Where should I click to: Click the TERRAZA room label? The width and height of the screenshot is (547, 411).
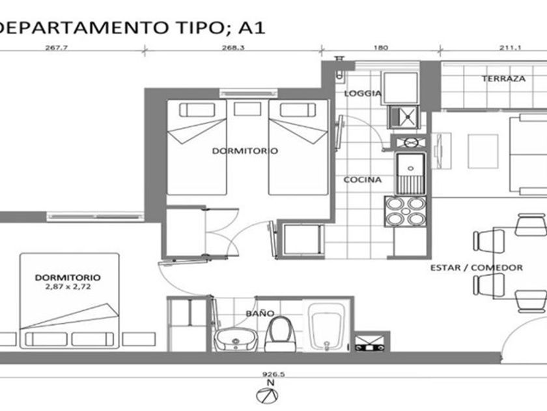click(x=503, y=79)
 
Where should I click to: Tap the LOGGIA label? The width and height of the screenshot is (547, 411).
click(x=363, y=93)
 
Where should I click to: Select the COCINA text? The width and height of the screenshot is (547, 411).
click(x=363, y=179)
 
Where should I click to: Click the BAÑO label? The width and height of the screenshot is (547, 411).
click(x=260, y=313)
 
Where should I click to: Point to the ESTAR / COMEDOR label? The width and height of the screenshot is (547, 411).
click(x=477, y=267)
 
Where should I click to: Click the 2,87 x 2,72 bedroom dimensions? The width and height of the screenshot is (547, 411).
click(x=68, y=287)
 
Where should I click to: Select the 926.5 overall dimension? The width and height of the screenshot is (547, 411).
click(x=273, y=374)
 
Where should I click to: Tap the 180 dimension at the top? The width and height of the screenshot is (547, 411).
click(x=380, y=48)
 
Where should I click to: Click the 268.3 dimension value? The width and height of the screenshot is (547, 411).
click(x=233, y=48)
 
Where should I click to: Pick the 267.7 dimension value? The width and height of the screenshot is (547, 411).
click(x=56, y=48)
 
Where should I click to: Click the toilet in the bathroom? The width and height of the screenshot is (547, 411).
click(x=280, y=334)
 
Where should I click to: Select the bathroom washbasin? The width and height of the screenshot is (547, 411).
click(x=236, y=339)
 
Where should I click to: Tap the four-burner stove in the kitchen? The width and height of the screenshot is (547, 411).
click(x=405, y=211)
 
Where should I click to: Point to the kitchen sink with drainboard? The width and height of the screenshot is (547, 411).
click(x=410, y=174)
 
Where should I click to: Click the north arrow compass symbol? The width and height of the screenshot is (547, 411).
click(x=267, y=395)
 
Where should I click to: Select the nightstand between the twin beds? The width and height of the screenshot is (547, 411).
click(x=247, y=109)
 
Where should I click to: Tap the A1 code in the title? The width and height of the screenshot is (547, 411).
click(x=252, y=28)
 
